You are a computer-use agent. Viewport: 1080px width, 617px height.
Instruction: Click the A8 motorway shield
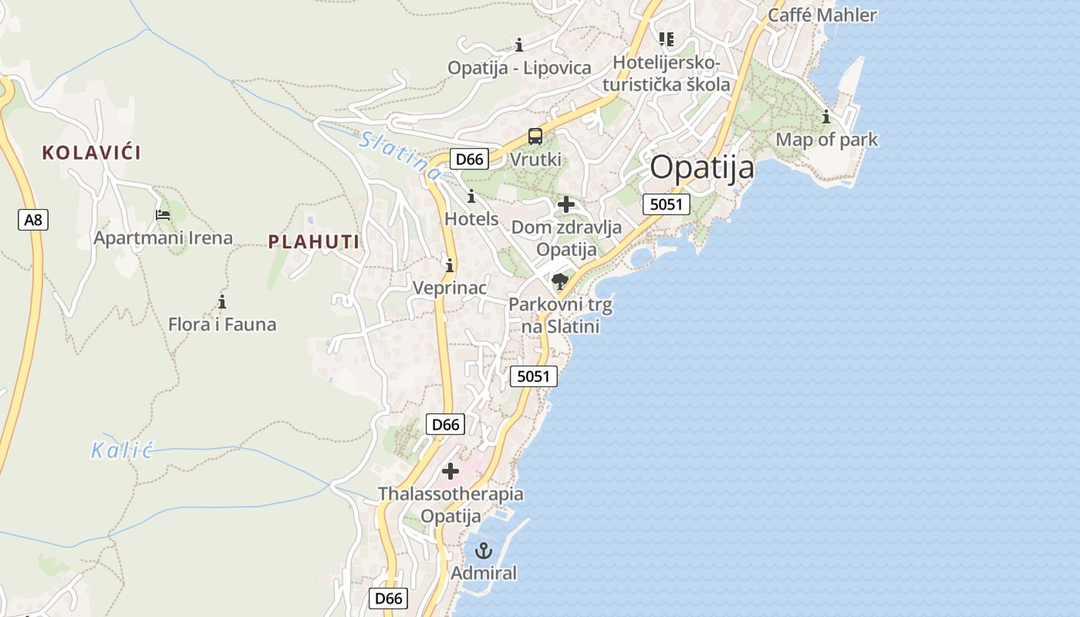[x=33, y=220]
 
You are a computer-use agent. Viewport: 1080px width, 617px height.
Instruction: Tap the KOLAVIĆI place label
[x=92, y=153]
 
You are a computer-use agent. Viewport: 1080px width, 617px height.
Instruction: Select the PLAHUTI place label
[x=314, y=242]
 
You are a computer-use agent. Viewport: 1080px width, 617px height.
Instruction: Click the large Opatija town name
[x=702, y=167]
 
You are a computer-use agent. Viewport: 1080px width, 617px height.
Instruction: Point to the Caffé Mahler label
[x=822, y=15]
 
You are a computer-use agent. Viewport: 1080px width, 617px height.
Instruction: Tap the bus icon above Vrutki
[x=535, y=137]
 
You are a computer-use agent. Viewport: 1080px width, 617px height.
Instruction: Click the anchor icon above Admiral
[x=484, y=551]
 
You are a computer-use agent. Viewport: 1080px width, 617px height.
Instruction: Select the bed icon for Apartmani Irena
[x=163, y=215]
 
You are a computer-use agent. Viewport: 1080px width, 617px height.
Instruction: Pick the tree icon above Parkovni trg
[x=560, y=282]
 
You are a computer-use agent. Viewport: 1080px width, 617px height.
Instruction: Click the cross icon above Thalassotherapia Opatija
[x=451, y=470]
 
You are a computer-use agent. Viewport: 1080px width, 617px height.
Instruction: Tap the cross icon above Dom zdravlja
[x=566, y=204]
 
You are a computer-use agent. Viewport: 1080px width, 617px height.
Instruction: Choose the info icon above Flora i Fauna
[x=222, y=302]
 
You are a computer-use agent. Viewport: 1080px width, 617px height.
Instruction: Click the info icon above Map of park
[x=826, y=117]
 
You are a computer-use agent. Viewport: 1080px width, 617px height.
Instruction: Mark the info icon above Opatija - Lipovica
[x=519, y=45]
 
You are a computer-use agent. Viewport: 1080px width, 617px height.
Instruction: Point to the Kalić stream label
[x=122, y=450]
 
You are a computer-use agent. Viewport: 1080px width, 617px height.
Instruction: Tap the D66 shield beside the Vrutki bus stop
[x=469, y=159]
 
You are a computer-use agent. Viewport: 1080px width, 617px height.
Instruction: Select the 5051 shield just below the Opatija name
[x=666, y=204]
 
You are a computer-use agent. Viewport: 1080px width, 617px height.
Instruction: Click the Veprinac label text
[x=450, y=288]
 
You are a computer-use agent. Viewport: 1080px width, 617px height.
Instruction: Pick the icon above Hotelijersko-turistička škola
[x=667, y=39]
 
